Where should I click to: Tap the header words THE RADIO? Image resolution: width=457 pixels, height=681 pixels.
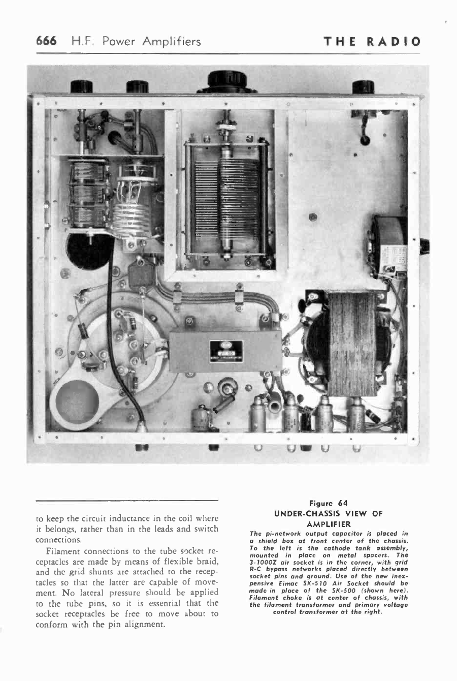373,41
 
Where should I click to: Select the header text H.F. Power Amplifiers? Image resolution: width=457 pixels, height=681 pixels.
136,41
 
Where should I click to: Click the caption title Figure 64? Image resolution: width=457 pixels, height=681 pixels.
329,503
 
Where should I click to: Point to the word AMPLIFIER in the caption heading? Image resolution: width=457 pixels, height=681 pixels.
329,524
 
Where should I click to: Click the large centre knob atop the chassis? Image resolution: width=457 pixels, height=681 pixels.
226,81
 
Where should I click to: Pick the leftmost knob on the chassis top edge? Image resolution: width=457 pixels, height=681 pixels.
81,86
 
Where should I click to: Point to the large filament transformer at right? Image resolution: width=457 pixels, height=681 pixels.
350,343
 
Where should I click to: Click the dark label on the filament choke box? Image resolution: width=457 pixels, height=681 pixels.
226,351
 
